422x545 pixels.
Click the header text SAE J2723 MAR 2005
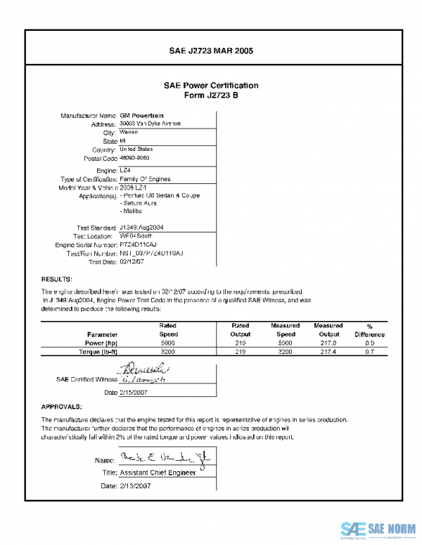[211, 51]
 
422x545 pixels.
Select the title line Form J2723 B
[211, 96]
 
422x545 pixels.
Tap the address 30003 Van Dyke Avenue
[151, 123]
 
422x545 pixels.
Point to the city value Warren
[129, 132]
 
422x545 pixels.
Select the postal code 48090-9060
[135, 158]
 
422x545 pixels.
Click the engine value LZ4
[126, 170]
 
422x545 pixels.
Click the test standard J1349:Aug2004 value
[143, 228]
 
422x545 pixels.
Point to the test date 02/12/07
[132, 262]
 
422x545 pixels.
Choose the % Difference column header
[369, 330]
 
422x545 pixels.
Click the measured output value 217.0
[328, 343]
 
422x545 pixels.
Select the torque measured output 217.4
[328, 352]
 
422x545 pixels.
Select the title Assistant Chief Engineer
[156, 473]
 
